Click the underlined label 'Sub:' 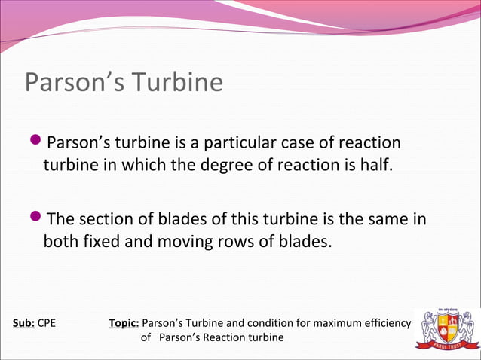tap(23, 324)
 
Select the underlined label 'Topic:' tap(124, 324)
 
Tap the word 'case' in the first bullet tap(320, 144)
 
